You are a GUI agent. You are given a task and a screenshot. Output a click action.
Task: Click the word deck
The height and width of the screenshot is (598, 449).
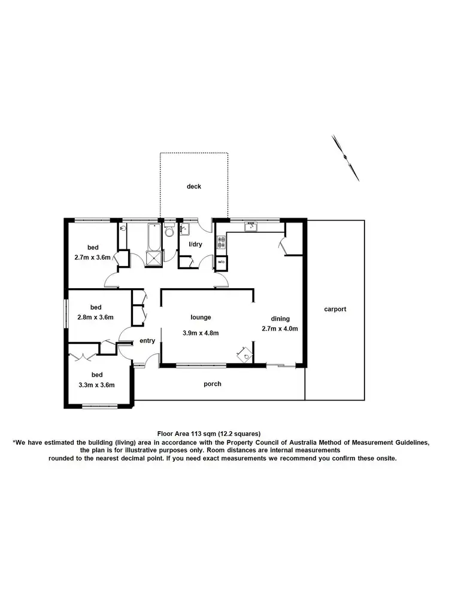click(x=193, y=187)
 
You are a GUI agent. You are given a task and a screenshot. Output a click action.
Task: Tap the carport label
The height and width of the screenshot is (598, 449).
click(x=335, y=309)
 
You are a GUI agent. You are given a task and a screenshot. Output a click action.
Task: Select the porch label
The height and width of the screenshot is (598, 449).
click(x=213, y=384)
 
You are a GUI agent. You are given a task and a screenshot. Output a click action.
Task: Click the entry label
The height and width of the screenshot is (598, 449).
click(x=147, y=341)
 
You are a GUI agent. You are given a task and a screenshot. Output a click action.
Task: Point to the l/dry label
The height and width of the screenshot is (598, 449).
click(x=196, y=245)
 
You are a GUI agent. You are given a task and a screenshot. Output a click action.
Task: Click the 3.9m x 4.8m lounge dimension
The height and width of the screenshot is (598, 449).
click(x=201, y=333)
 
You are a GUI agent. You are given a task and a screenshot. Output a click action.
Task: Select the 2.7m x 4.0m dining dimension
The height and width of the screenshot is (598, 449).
click(x=280, y=328)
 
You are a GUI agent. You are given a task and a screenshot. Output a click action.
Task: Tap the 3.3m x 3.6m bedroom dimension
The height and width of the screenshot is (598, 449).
click(x=96, y=385)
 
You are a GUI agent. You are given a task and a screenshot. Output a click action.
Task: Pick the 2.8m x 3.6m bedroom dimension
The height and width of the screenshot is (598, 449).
click(x=95, y=318)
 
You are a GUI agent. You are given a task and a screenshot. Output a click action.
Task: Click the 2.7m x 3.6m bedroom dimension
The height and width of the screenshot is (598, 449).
click(x=95, y=259)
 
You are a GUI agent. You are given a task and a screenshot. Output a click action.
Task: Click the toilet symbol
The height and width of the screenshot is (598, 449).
click(x=169, y=231)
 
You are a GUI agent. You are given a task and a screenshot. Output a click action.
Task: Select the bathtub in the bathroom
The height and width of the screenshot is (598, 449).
click(x=153, y=236)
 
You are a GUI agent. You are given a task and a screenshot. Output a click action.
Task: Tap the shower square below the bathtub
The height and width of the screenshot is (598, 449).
click(x=154, y=255)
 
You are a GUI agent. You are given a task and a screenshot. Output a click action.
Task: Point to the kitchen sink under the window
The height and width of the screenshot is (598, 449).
click(x=250, y=226)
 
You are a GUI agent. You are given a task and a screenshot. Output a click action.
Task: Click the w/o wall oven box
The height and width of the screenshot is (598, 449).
click(x=221, y=262)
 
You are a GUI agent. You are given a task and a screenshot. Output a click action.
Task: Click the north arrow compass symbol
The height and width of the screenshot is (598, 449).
click(x=346, y=157)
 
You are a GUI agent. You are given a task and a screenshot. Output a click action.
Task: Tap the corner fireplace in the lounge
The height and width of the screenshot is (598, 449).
click(x=244, y=355)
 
